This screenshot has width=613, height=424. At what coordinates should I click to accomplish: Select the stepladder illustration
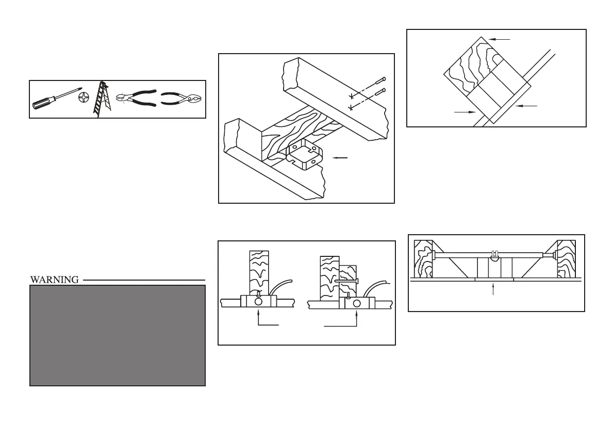click(x=103, y=100)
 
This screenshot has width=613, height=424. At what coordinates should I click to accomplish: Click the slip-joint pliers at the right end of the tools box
click(x=181, y=99)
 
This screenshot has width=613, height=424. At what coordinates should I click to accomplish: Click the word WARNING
click(x=54, y=280)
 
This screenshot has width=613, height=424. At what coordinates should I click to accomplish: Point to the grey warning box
click(x=118, y=335)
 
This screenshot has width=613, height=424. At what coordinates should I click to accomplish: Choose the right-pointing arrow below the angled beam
click(x=465, y=111)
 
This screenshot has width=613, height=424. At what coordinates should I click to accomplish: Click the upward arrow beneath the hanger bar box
click(x=493, y=289)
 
